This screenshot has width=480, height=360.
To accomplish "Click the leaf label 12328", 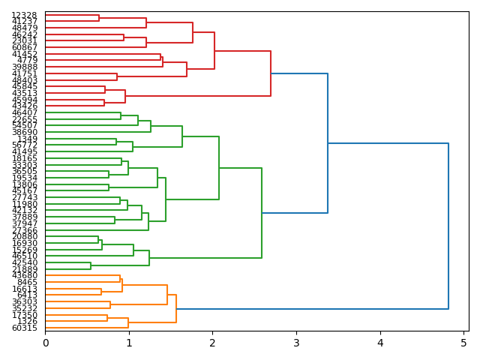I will (x=25, y=15).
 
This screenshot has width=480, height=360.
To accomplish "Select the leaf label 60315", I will (x=25, y=328).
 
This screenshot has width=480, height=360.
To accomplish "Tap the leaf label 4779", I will (x=27, y=60).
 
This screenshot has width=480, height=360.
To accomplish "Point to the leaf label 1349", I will (x=27, y=139).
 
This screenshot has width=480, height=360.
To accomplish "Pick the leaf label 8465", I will (x=27, y=282).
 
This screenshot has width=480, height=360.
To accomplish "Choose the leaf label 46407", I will (x=25, y=112).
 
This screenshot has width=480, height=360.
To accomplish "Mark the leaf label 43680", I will (x=25, y=275).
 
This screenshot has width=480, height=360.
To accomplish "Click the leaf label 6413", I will (x=27, y=295).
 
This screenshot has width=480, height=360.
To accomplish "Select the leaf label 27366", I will (x=25, y=230).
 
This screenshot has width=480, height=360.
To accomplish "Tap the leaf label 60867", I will (x=25, y=47).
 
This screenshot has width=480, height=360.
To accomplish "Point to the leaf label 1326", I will (x=27, y=321).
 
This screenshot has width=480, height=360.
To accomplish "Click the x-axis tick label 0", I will (x=45, y=343).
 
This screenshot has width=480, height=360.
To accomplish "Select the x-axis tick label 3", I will (x=296, y=343).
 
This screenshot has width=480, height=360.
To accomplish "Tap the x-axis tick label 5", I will (x=463, y=343).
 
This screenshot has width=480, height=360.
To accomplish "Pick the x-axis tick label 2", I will (x=212, y=343).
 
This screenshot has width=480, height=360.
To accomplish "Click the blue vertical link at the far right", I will (x=448, y=225).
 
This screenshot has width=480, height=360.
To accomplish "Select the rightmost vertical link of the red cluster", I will (x=271, y=73).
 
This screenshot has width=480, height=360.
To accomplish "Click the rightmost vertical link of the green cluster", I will (x=262, y=212).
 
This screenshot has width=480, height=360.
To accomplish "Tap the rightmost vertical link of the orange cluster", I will (x=176, y=308).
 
